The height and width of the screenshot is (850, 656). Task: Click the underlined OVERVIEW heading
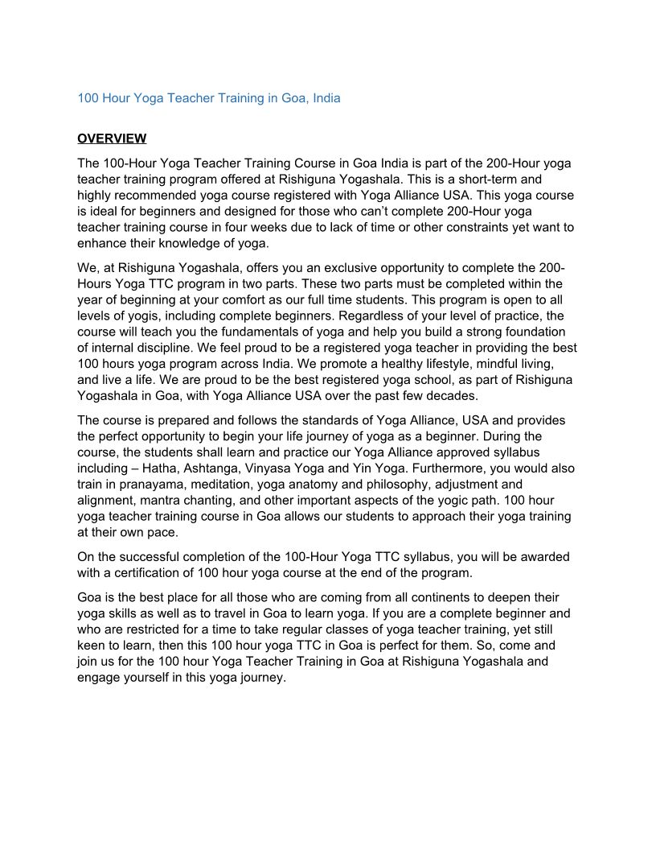[112, 138]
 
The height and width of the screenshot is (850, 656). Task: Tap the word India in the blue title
[326, 98]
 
